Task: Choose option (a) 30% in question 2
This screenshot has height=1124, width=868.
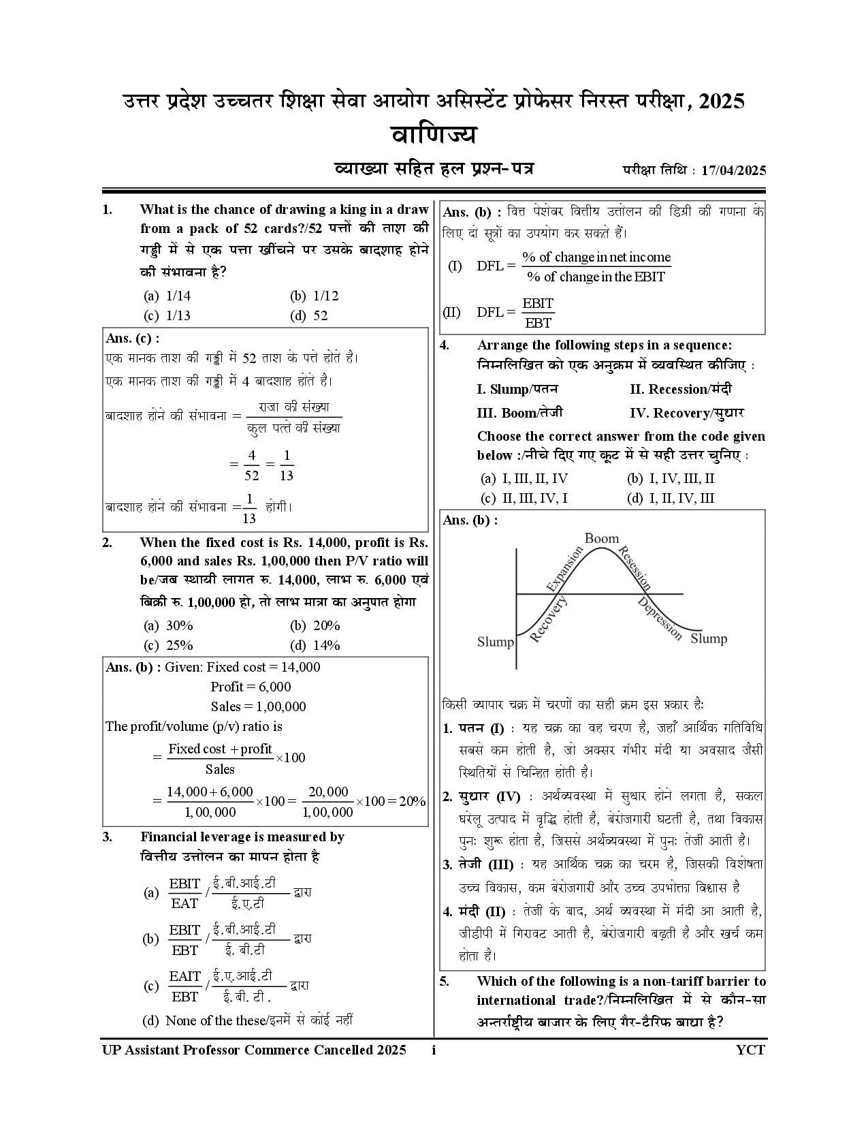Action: pos(170,625)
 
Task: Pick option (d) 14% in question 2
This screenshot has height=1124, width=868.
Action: pos(316,645)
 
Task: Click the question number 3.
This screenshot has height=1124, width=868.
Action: pos(107,837)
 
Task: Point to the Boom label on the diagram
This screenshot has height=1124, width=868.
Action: pos(602,539)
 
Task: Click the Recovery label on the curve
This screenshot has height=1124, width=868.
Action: pos(548,619)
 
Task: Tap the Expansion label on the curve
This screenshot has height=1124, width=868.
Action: pos(564,569)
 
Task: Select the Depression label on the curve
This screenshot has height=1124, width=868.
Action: pos(660,619)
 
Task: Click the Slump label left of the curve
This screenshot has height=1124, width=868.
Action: pos(495,642)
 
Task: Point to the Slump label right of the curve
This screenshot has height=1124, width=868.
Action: pos(709,638)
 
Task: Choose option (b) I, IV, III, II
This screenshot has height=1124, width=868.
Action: pos(671,478)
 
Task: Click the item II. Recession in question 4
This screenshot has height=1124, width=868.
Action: pos(681,390)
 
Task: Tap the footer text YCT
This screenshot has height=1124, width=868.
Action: pos(750,1050)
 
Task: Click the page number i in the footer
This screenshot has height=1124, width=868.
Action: pos(434,1050)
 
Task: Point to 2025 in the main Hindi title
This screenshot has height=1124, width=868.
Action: pos(722,102)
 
